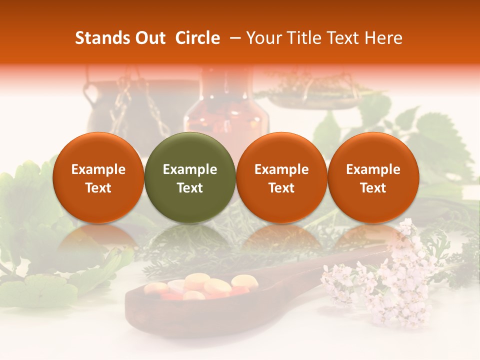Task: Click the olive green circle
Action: click(190, 177)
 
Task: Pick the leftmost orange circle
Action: click(98, 177)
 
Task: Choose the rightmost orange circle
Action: click(373, 177)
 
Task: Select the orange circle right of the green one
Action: click(281, 177)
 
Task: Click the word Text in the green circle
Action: click(190, 188)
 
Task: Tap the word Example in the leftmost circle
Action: click(98, 169)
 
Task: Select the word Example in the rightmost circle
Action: click(373, 169)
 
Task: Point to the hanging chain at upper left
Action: click(120, 107)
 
